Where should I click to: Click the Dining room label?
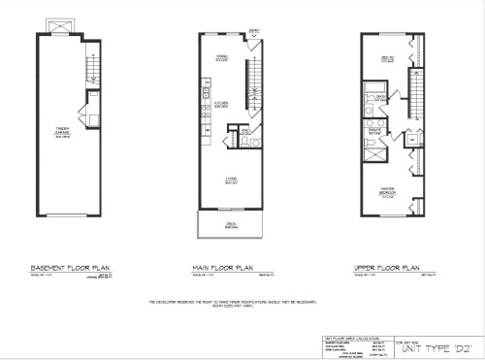point(222,58)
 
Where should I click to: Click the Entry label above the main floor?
point(255,32)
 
